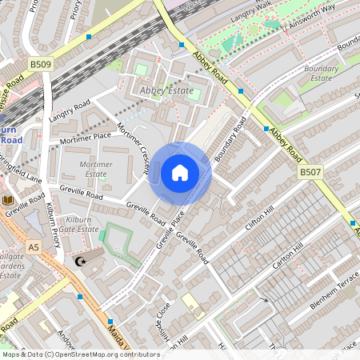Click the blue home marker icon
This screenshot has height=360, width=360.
click(x=180, y=172)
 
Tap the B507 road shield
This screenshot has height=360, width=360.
click(x=310, y=172)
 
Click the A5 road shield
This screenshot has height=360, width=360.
click(x=33, y=248)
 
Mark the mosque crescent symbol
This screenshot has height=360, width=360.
click(x=78, y=262)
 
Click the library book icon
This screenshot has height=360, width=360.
click(x=9, y=200)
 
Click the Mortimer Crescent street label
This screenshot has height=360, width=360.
click(x=133, y=148)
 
